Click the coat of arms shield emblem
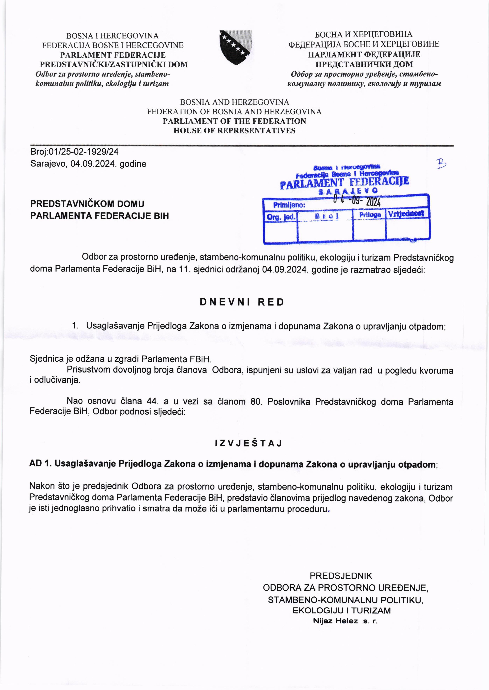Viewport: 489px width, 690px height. coord(235,47)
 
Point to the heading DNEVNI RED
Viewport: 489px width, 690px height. coord(242,302)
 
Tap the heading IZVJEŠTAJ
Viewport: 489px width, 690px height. coord(249,443)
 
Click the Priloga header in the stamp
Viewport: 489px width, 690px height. coord(370,215)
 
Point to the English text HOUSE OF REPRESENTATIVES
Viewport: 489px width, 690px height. coord(234,131)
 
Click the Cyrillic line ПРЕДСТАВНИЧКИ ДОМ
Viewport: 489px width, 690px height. coord(364,64)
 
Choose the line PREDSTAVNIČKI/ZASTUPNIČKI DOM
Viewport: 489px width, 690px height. coord(114,64)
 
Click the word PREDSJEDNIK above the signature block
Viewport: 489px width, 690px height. coord(341,576)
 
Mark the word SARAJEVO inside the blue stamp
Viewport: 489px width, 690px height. coord(348,191)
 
